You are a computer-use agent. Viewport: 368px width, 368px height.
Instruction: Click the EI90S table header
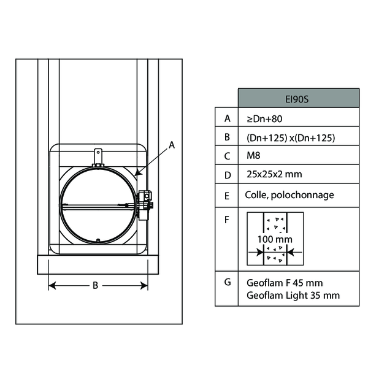pyautogui.click(x=299, y=98)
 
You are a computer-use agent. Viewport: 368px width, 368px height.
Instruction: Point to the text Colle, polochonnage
pyautogui.click(x=289, y=195)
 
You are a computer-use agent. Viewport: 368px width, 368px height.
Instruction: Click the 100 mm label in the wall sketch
pyautogui.click(x=275, y=239)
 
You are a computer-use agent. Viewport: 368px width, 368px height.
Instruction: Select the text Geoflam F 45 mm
pyautogui.click(x=285, y=283)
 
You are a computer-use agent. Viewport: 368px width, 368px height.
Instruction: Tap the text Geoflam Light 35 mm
pyautogui.click(x=293, y=296)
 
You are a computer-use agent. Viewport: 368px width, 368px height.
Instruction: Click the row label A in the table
pyautogui.click(x=227, y=118)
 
